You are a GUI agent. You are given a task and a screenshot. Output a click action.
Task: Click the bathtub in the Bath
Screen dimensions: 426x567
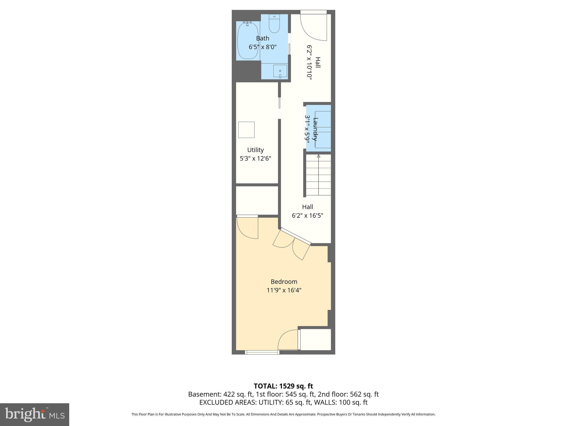pos(248,41)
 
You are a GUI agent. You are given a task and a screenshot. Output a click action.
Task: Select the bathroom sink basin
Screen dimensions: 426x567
pos(280,71)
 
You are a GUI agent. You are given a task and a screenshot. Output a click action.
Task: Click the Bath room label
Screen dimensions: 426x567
pos(262,38)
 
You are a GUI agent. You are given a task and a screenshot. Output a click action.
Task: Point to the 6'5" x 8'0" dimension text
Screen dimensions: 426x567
pos(262,47)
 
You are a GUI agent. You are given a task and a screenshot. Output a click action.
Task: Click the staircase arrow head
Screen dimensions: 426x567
pos(318,156)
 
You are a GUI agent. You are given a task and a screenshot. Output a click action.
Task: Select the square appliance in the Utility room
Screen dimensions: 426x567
pos(246,130)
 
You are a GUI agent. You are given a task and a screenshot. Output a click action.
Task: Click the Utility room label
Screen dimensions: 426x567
pos(255,150)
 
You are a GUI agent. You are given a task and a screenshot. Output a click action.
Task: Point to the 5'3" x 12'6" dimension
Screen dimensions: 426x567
pos(255,158)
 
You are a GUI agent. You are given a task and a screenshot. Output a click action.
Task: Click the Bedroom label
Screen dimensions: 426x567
pos(284,282)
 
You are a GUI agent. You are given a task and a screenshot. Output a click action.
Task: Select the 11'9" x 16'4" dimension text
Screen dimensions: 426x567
pos(284,290)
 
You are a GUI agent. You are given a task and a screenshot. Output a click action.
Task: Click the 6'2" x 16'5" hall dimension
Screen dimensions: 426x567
pos(307,215)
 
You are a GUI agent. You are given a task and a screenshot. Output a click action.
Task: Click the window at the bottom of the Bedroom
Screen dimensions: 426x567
pos(262,352)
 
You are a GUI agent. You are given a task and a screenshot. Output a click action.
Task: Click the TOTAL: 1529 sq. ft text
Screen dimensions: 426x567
pos(283,386)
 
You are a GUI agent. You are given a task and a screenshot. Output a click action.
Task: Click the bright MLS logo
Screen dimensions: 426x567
pos(34,414)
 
